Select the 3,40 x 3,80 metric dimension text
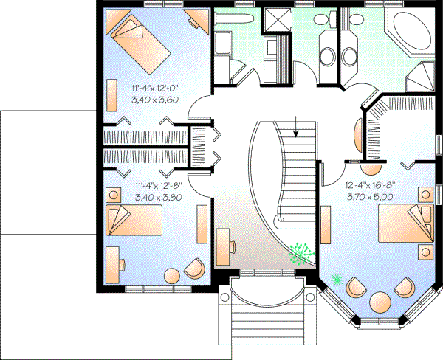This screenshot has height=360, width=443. tap(158, 198)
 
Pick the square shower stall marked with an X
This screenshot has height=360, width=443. tap(278, 20)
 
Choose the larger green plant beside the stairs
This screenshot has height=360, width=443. tap(299, 253)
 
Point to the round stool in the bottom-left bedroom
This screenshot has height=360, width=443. tap(171, 275)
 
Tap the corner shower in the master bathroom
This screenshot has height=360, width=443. tap(422, 75)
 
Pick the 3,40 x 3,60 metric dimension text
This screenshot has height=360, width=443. tap(157, 99)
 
